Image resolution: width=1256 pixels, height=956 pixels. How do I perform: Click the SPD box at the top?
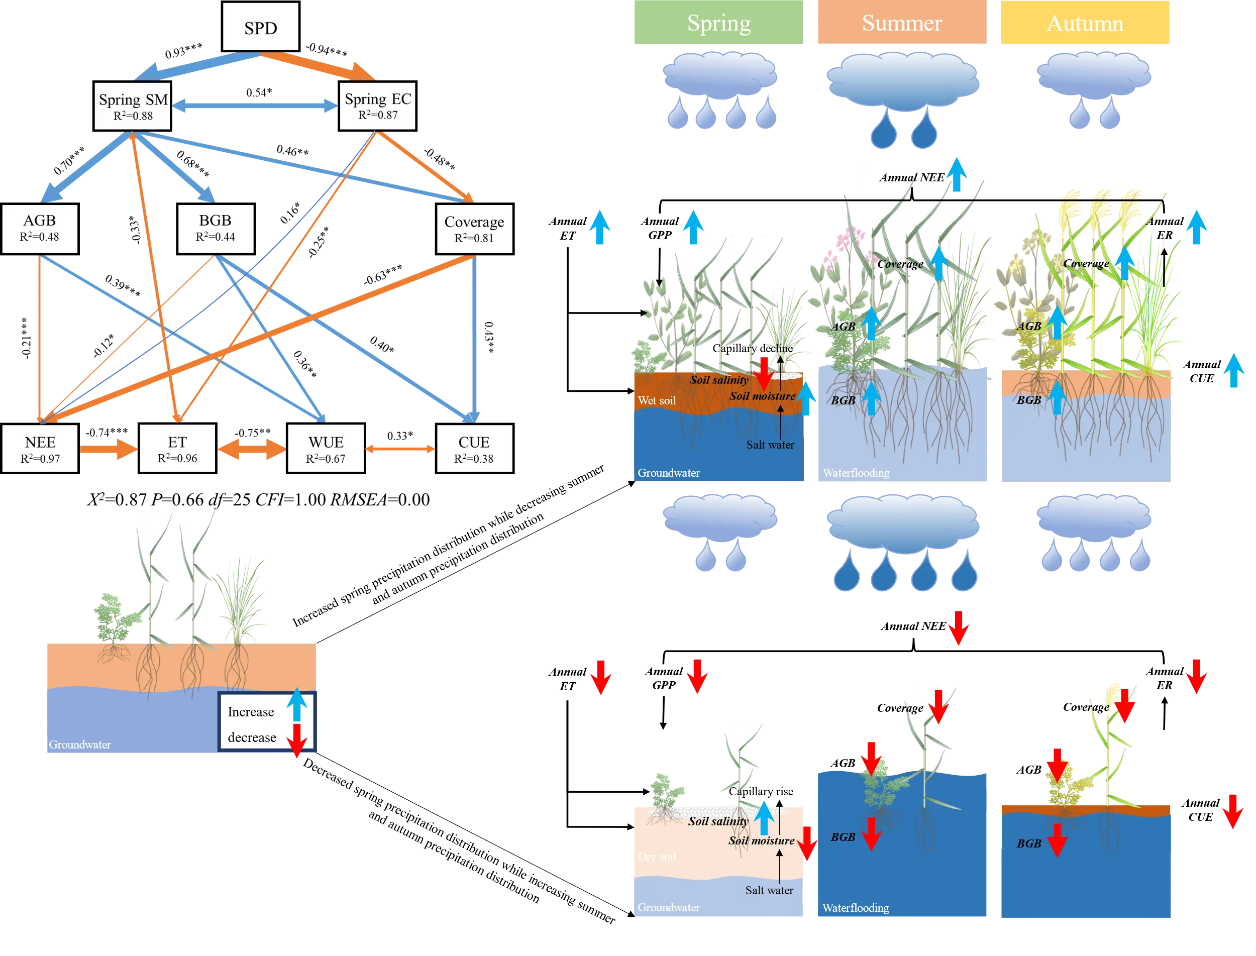click(261, 27)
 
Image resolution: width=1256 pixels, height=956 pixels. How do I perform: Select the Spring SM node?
click(133, 106)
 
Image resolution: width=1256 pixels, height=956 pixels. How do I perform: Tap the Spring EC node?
click(377, 106)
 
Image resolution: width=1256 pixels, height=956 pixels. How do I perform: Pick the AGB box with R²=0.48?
click(40, 228)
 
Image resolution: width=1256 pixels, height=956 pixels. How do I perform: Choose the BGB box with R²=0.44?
click(216, 228)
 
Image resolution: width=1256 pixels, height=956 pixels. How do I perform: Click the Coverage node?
click(474, 229)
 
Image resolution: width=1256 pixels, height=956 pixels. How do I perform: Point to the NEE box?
click(40, 449)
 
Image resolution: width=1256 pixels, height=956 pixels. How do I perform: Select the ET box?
click(177, 449)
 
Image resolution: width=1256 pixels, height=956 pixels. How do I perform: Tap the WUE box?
click(326, 449)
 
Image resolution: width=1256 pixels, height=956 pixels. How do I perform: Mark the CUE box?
click(474, 449)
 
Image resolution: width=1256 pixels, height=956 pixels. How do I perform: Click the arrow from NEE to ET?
click(108, 450)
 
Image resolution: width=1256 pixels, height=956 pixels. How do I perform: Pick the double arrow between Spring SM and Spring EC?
click(255, 106)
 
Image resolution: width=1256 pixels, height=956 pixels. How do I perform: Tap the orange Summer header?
click(902, 23)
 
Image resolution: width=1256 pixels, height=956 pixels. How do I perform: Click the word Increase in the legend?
click(251, 712)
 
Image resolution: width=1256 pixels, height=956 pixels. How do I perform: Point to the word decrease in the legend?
click(252, 737)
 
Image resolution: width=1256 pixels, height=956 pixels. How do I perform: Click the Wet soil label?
click(657, 400)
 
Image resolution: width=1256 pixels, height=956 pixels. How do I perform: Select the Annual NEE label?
click(912, 177)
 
